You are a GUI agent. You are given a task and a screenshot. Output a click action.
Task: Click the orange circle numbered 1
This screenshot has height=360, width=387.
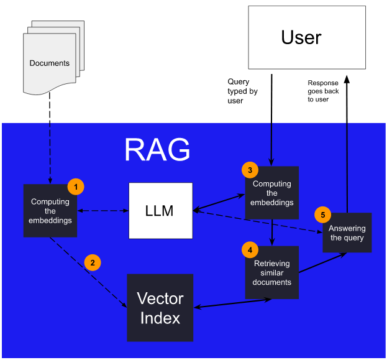tap(75, 186)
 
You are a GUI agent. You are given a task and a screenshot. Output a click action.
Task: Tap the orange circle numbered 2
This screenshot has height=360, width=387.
tap(93, 262)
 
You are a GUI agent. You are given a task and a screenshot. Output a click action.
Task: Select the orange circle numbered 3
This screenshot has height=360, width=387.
tap(249, 170)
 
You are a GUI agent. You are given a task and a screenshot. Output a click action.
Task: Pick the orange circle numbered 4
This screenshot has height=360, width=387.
tap(250, 249)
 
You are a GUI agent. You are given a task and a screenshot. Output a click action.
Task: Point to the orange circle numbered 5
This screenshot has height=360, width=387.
tap(322, 215)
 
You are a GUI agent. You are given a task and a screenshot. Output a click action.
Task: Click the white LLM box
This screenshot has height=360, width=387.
tap(161, 211)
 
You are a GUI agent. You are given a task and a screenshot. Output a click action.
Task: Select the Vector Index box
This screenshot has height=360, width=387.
tap(160, 308)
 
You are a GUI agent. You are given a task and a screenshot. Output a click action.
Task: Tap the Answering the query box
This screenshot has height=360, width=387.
tap(347, 233)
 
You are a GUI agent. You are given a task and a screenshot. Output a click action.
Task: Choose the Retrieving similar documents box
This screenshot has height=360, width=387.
tap(272, 273)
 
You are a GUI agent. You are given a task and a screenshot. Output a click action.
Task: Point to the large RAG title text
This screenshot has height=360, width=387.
tap(157, 150)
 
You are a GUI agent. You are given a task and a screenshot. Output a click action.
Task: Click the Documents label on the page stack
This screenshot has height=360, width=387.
tap(50, 63)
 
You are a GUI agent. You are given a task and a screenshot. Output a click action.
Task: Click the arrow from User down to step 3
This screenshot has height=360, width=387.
tap(271, 118)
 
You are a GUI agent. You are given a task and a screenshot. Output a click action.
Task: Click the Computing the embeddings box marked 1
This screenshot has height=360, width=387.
tap(50, 211)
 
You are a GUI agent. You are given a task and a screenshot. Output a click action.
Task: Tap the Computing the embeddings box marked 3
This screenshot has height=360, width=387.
tap(272, 193)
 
